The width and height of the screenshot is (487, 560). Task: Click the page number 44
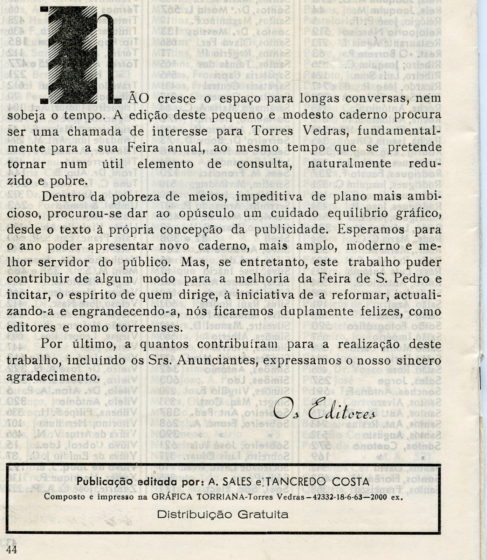tap(12, 549)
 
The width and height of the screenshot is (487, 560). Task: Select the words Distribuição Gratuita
tap(223, 514)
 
